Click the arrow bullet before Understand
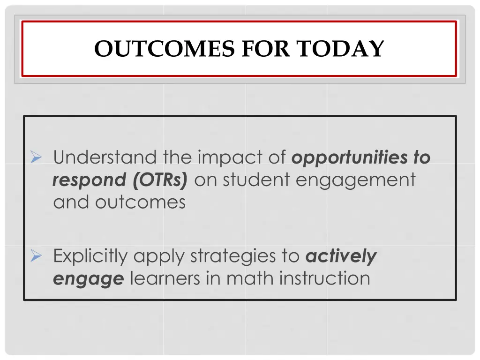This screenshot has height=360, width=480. tap(37, 157)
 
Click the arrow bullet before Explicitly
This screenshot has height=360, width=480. tap(37, 256)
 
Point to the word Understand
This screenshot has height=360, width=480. tap(106, 157)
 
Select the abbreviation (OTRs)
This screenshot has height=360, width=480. tap(160, 180)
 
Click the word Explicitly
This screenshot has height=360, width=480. tap(90, 256)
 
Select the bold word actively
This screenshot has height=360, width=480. tap(341, 256)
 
